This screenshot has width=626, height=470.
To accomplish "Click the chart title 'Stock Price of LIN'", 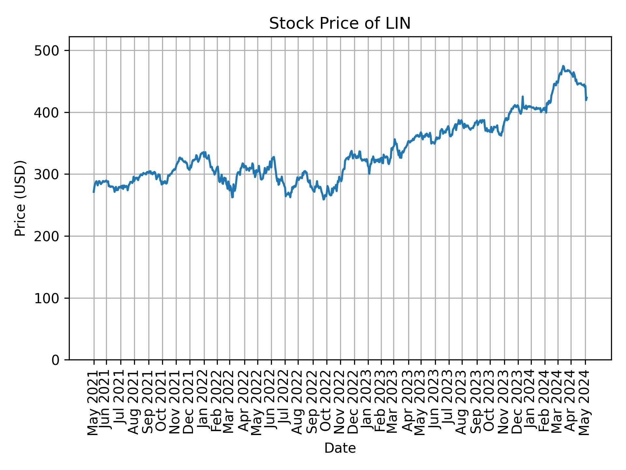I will coord(339,24).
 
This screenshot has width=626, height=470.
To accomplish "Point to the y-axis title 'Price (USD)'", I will coord(21,198).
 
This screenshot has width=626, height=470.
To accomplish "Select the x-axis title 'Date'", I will coord(340,448).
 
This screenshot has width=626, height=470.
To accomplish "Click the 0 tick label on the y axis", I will coord(55,360).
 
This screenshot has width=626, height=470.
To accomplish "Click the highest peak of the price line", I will coord(563,66).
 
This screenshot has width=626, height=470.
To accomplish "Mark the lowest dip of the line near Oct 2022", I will coord(324,199).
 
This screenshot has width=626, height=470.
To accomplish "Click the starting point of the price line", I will coord(94,192).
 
